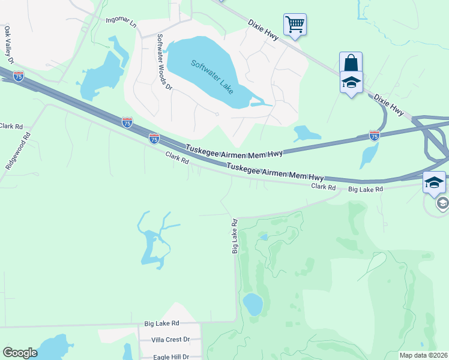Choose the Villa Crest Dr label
[x=170, y=340]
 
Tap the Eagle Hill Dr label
[x=170, y=356]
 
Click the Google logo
[x=20, y=353]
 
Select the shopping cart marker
[x=295, y=25]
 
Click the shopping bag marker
[x=351, y=63]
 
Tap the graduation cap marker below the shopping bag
[x=351, y=83]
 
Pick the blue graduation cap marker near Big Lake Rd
[x=434, y=183]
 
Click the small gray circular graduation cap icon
[x=442, y=203]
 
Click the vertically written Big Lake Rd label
[x=235, y=235]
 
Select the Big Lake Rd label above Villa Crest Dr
[x=162, y=323]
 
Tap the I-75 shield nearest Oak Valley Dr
[x=19, y=76]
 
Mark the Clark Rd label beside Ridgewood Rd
[x=11, y=127]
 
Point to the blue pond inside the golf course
[x=253, y=304]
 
